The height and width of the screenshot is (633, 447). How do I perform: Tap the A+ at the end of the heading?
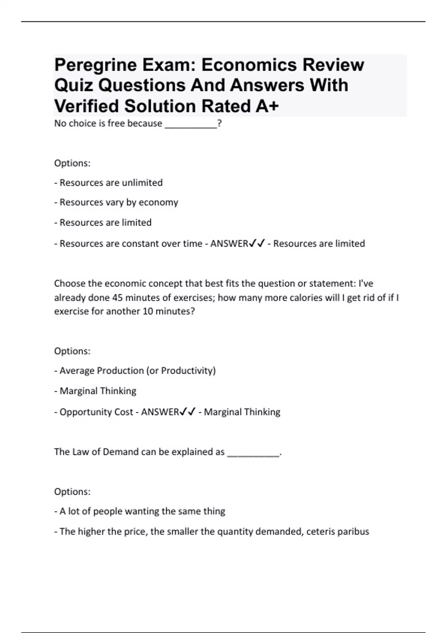[267, 106]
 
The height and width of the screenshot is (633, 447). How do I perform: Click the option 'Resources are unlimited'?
[111, 183]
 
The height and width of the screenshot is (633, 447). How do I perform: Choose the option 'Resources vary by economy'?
[119, 203]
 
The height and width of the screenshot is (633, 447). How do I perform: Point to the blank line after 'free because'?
[191, 124]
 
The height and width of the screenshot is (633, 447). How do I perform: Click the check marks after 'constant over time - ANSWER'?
[257, 244]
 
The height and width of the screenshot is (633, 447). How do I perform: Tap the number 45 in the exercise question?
[118, 298]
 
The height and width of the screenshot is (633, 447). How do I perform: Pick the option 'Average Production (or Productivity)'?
[137, 371]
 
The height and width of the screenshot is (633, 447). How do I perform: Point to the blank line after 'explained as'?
[253, 452]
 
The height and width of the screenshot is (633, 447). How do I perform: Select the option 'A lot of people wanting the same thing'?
[142, 511]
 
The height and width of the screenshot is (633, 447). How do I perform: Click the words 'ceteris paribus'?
[337, 531]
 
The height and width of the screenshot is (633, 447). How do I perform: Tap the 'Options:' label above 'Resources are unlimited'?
[72, 163]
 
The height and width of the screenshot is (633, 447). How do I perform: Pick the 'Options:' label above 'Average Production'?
[72, 351]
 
